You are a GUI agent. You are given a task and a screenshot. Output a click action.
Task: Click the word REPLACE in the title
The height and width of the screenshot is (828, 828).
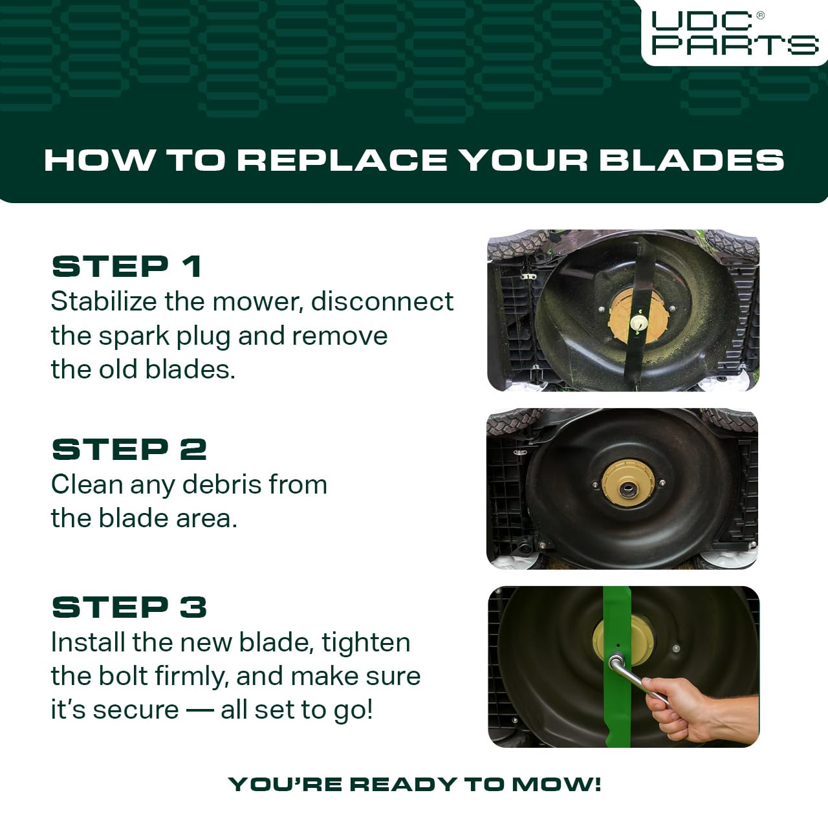pyautogui.click(x=342, y=160)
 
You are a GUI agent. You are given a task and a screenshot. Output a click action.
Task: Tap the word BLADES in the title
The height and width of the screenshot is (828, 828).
pyautogui.click(x=692, y=160)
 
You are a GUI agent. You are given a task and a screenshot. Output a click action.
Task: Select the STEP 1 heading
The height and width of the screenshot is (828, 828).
pyautogui.click(x=127, y=267)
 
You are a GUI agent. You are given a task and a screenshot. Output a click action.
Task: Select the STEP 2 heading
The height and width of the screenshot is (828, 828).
pyautogui.click(x=129, y=450)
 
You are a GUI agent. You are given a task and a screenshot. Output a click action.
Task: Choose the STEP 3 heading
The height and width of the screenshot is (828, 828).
pyautogui.click(x=129, y=607)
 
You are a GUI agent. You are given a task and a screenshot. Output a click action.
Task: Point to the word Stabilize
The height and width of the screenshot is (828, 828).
pyautogui.click(x=103, y=301)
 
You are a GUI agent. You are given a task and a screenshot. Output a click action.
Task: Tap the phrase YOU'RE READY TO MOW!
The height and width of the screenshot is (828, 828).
pyautogui.click(x=414, y=784)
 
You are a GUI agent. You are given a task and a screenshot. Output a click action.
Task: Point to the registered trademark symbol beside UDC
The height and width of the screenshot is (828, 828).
pyautogui.click(x=759, y=16)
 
